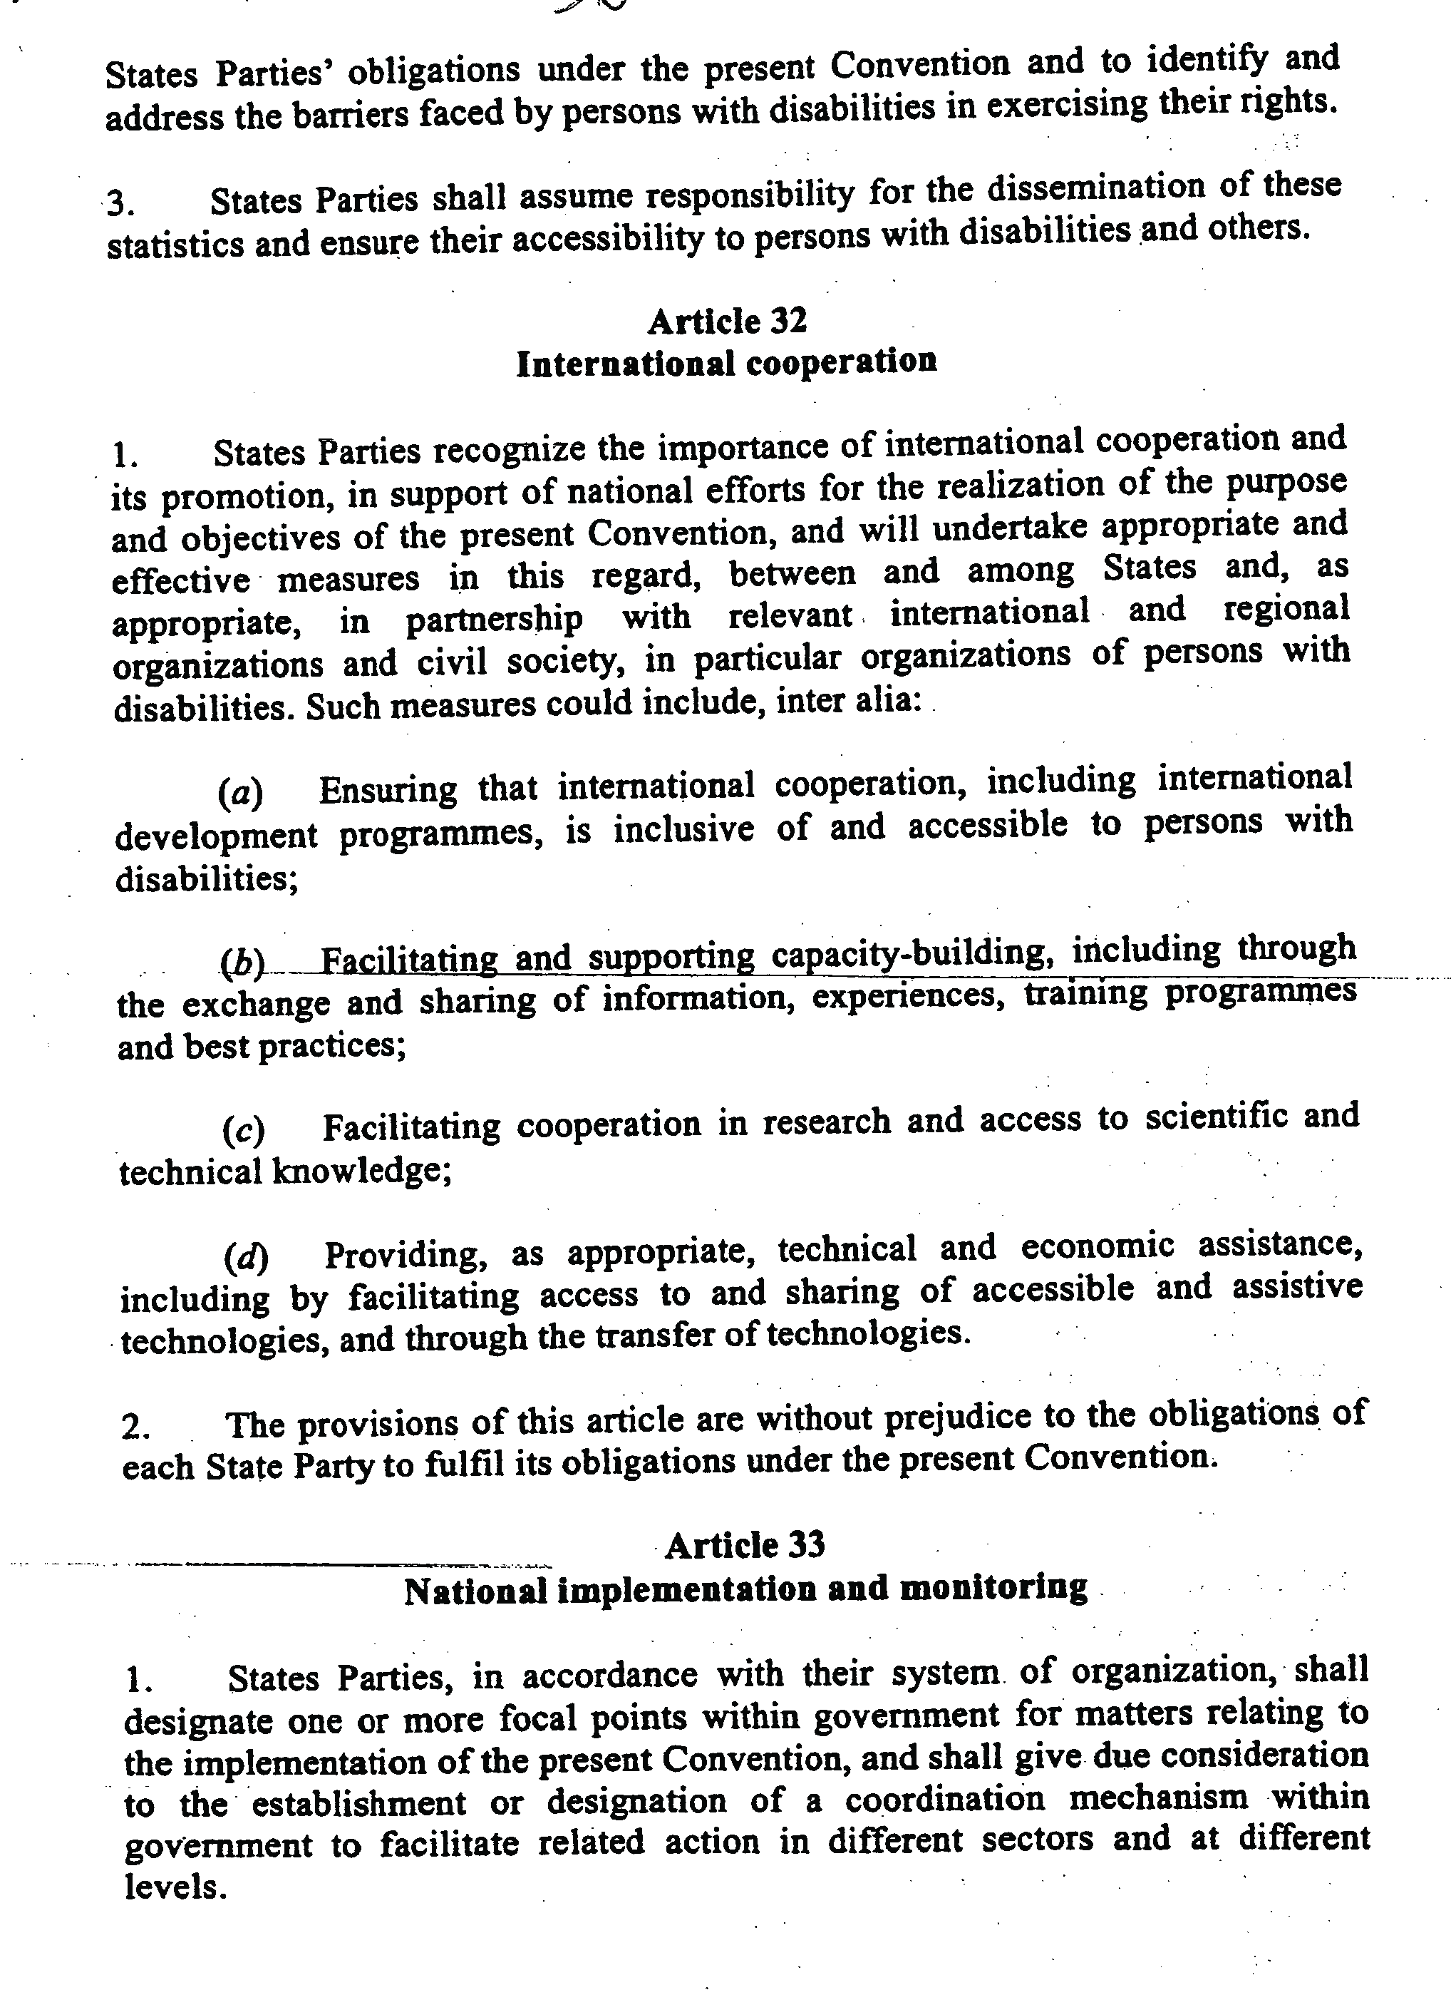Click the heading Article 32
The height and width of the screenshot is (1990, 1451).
[x=726, y=322]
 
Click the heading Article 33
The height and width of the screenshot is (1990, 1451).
[x=744, y=1544]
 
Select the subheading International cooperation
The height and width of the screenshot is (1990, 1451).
[x=726, y=362]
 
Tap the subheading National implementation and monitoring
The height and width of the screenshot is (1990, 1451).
[x=745, y=1589]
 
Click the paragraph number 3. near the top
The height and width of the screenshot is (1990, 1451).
[x=120, y=205]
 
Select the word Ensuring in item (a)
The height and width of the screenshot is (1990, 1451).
[x=388, y=790]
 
